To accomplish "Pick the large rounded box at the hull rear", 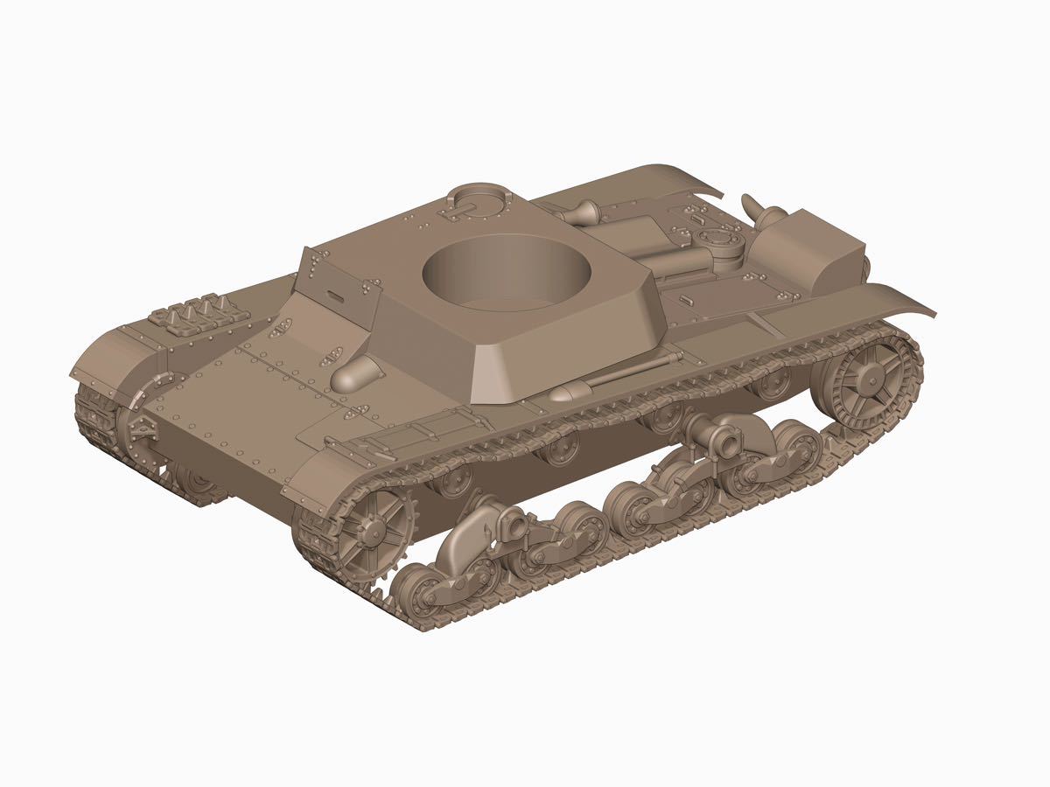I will coord(818,249).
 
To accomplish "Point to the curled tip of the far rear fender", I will coord(691,179).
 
